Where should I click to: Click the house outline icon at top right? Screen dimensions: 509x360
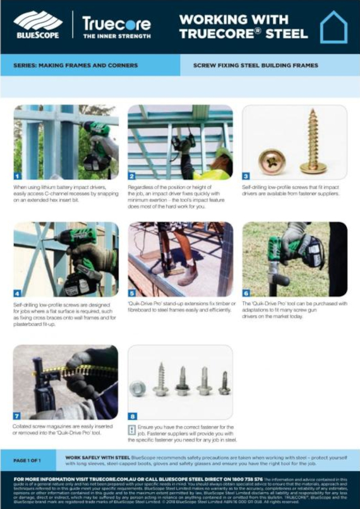pos(333,27)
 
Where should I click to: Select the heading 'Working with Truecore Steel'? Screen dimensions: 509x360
pos(243,26)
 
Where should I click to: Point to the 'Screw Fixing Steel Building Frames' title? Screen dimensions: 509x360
pos(255,65)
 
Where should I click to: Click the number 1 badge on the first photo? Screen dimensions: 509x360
pos(18,176)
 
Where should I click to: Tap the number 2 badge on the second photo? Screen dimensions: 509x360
pos(133,176)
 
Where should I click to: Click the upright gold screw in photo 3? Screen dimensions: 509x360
pos(313,141)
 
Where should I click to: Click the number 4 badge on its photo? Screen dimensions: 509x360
pos(18,293)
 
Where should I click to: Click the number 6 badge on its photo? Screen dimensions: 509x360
pos(247,293)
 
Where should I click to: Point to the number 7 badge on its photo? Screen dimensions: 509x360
pos(18,416)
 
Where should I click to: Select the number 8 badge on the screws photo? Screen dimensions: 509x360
pos(133,416)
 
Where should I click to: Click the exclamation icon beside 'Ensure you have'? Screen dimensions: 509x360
pos(132,430)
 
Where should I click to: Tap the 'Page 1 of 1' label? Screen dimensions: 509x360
pos(30,460)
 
